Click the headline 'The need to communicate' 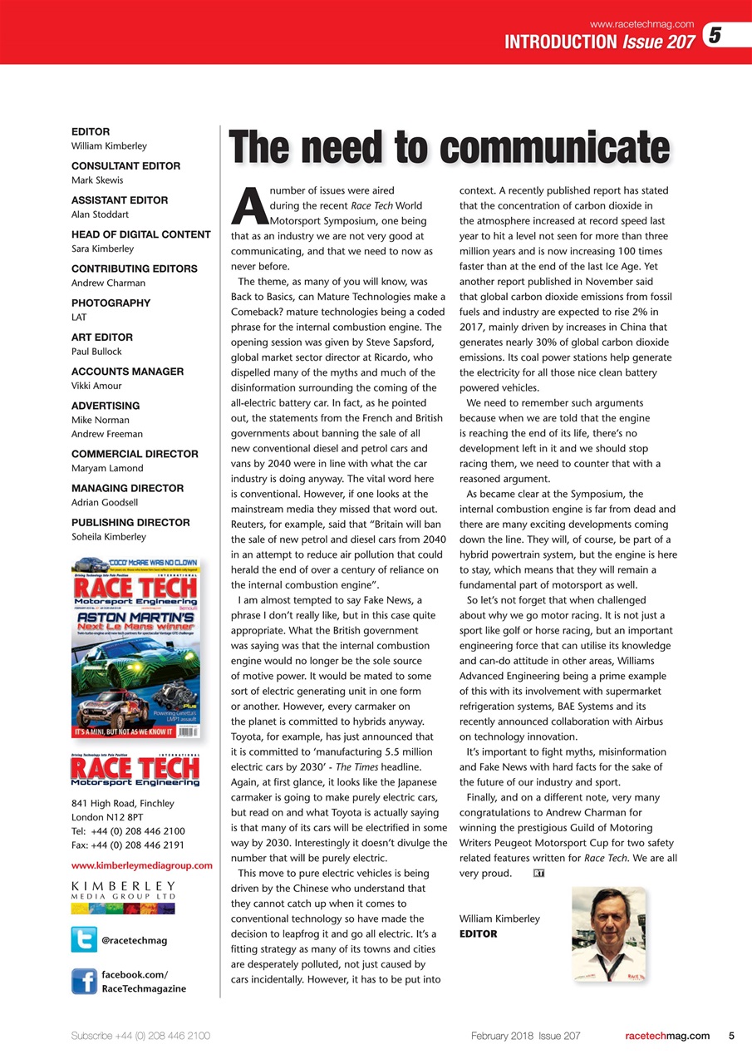coord(449,150)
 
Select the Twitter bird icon coord(84,939)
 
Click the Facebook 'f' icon coord(84,981)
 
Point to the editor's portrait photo coord(608,933)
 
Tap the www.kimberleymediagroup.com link coord(142,865)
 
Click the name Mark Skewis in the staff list coord(96,180)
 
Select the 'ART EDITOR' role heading coord(103,337)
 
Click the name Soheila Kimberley coord(109,537)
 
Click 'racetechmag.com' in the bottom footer coord(666,1036)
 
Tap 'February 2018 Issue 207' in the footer coord(525,1036)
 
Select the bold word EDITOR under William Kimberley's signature coord(478,933)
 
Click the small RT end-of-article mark coord(538,874)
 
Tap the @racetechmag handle coord(134,940)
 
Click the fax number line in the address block coord(128,845)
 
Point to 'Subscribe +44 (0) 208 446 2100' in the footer coord(140,1036)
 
